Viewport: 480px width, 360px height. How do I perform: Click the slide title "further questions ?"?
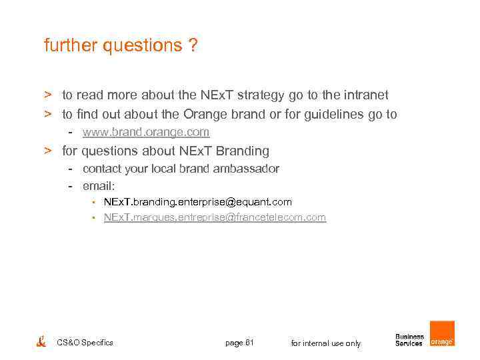pos(120,46)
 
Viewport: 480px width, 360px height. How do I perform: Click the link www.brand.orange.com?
pos(145,132)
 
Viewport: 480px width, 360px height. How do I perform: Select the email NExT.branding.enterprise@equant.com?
pos(197,201)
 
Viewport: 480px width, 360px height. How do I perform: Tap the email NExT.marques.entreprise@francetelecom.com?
pos(215,217)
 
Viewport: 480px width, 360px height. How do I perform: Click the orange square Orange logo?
pos(442,333)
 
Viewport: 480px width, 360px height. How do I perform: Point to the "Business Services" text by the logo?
pos(409,340)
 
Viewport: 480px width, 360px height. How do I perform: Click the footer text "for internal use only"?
pos(326,343)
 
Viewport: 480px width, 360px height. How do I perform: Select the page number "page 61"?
pos(240,343)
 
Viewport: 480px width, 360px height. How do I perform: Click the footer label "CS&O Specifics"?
pos(85,343)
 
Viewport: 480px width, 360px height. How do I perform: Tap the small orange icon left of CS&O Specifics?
pos(41,342)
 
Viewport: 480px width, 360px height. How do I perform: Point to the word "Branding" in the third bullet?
pos(243,151)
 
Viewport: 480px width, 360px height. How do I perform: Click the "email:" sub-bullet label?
pos(99,185)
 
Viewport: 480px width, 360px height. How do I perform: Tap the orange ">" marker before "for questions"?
pos(48,151)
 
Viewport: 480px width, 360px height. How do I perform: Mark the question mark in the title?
pos(192,46)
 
